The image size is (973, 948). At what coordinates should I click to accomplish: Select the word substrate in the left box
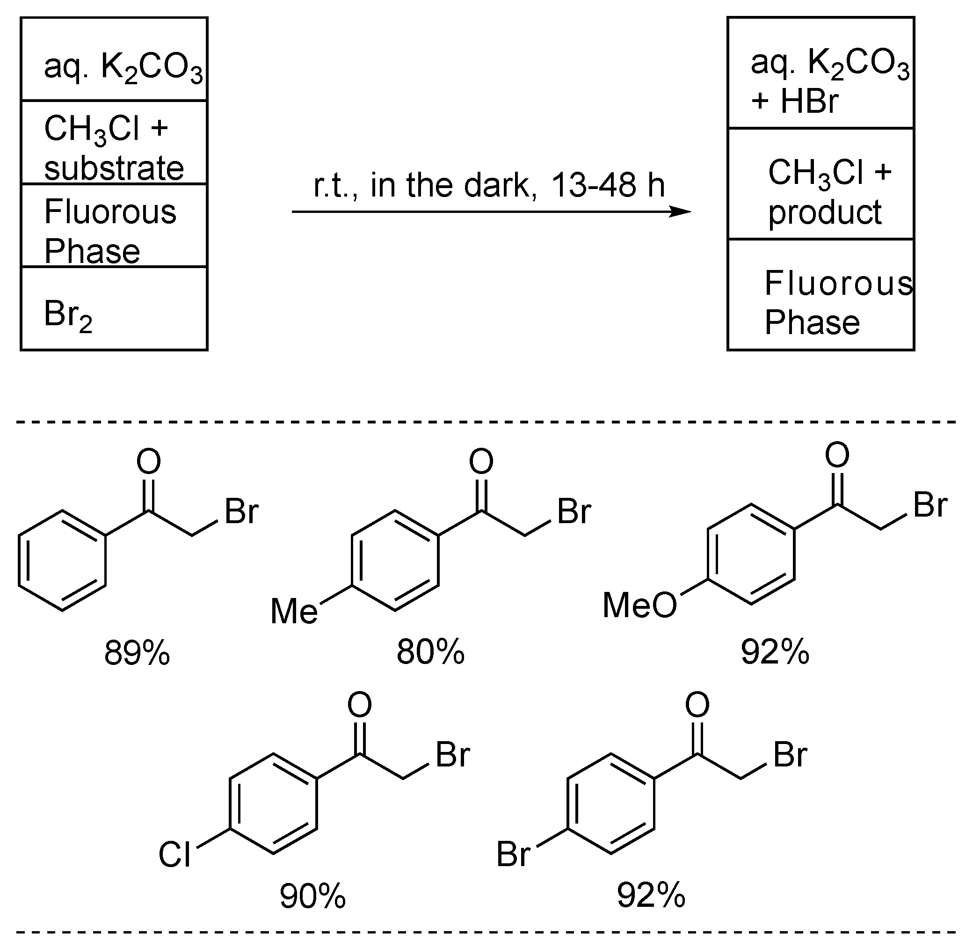click(x=114, y=168)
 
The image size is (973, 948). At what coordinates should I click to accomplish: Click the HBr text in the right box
click(x=809, y=101)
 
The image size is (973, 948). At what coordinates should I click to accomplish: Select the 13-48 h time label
click(x=608, y=185)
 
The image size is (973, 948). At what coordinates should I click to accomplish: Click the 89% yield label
click(x=137, y=653)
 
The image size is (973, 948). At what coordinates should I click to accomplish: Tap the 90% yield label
click(x=312, y=896)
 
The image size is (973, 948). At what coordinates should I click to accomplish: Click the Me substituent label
click(x=294, y=612)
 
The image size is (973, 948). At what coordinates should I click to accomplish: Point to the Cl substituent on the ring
click(x=174, y=855)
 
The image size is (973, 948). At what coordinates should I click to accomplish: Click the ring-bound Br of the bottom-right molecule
click(x=513, y=854)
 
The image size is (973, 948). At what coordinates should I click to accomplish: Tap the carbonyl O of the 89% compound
click(x=149, y=461)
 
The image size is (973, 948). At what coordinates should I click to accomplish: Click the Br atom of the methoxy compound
click(x=929, y=505)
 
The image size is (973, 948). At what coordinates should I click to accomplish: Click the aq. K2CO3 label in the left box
click(x=123, y=67)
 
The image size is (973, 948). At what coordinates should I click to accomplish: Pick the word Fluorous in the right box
click(x=838, y=283)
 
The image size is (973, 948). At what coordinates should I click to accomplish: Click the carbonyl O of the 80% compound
click(x=481, y=461)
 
